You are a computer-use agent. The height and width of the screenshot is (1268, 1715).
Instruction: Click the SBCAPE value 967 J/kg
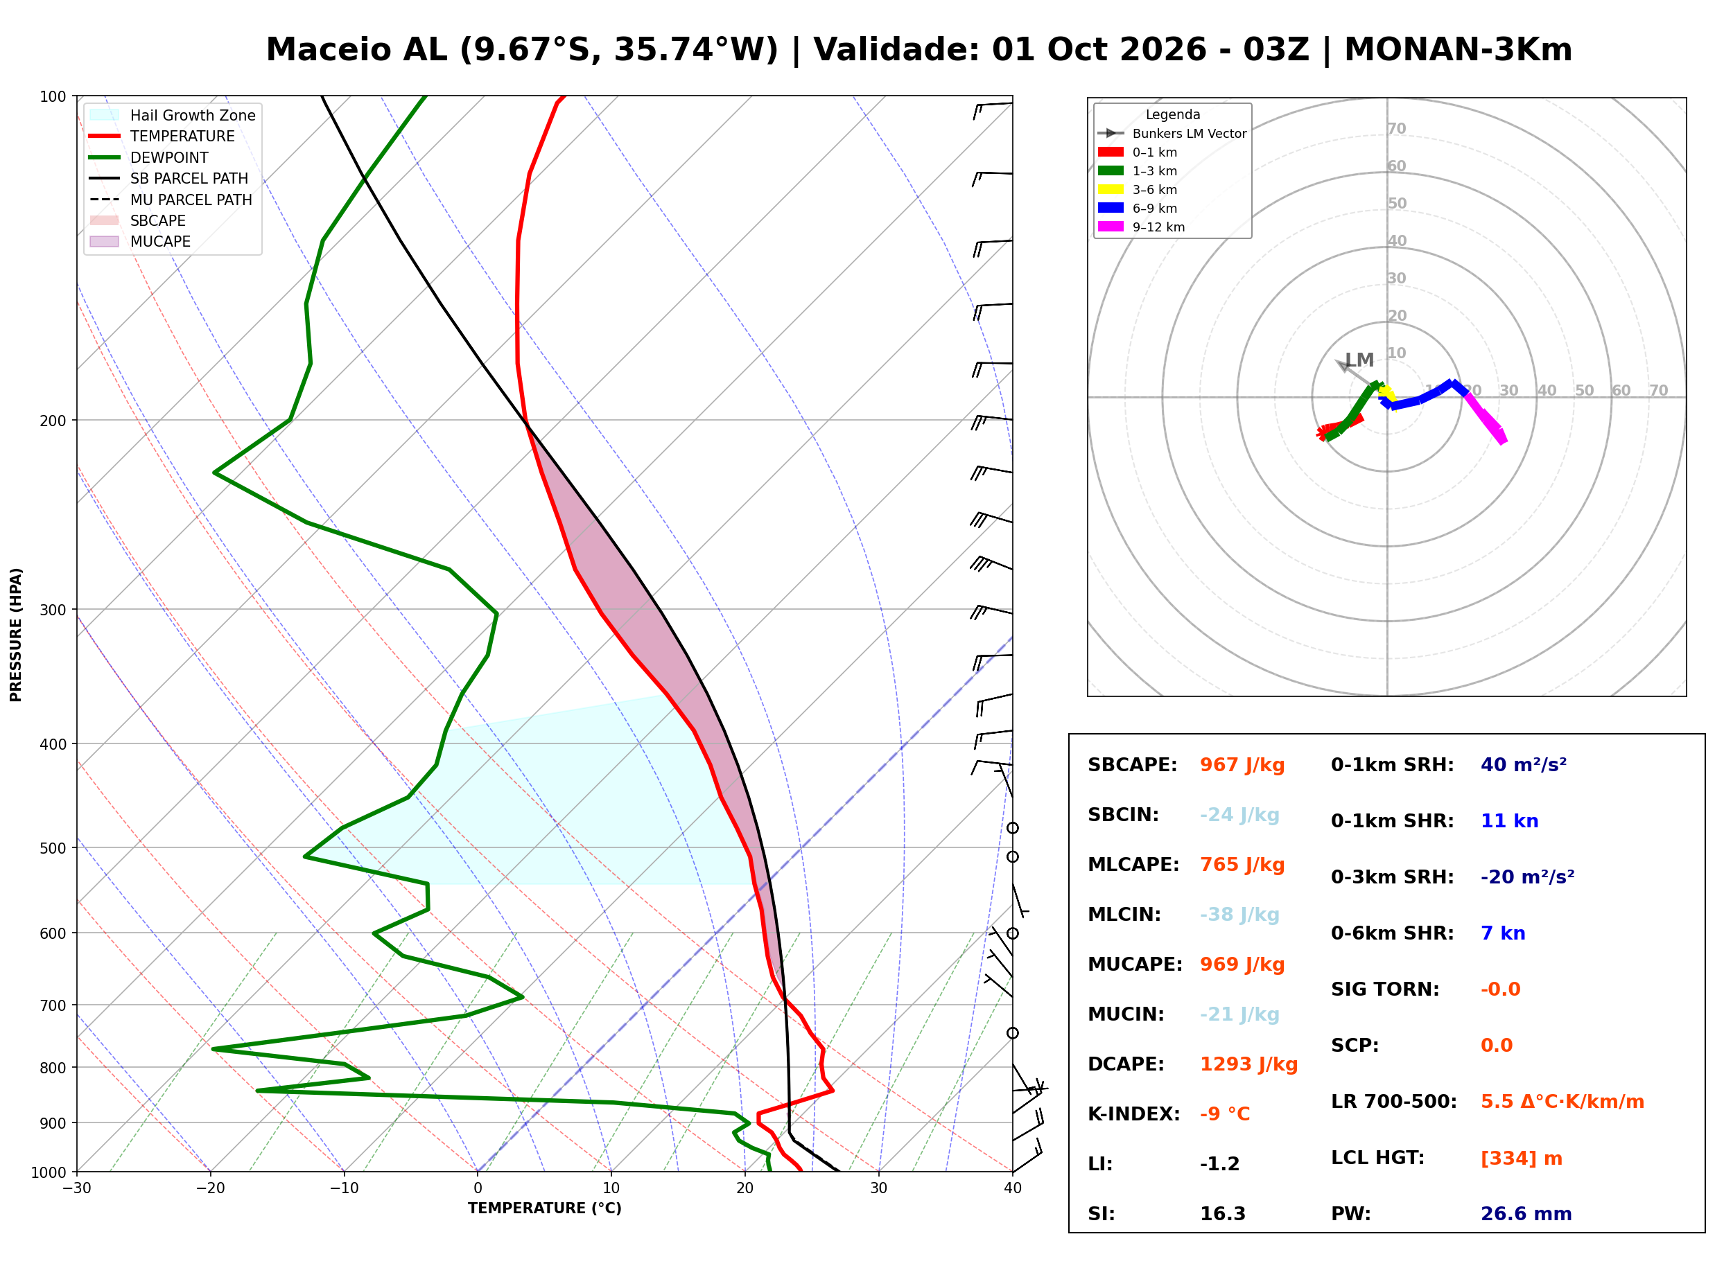1242,765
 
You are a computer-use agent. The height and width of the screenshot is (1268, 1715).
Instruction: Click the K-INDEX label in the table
1134,1114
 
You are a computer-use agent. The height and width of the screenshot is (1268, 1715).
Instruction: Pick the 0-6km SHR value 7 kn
1502,933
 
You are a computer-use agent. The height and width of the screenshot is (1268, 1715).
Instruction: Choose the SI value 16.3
1222,1214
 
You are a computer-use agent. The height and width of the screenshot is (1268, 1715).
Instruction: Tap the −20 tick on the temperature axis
209,1188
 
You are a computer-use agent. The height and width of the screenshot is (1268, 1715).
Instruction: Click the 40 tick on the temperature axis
1012,1188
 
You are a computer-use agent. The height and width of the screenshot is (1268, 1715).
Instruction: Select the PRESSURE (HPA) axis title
16,635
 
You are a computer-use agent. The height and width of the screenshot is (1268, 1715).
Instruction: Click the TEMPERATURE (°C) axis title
544,1208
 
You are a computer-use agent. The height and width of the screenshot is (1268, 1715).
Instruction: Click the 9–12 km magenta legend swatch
1110,227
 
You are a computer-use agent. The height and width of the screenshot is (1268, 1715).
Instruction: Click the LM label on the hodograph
1359,360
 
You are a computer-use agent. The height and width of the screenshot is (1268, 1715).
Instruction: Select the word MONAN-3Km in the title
1458,50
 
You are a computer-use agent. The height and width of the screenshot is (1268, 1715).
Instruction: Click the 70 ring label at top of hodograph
1396,128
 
